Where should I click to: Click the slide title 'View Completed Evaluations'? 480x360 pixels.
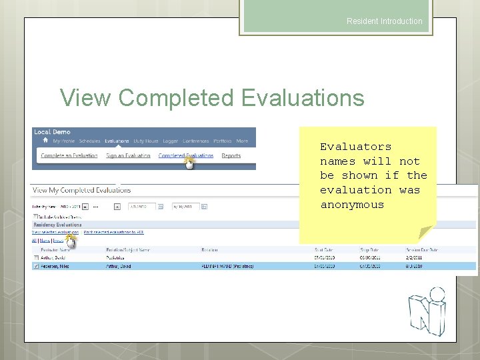tap(212, 98)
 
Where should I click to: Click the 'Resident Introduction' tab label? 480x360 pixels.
tap(384, 21)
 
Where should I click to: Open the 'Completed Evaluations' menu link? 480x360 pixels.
tap(185, 155)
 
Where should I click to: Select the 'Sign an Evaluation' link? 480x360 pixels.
tap(128, 155)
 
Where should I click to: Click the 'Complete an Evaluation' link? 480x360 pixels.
tap(69, 155)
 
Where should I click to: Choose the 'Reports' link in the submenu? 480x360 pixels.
tap(231, 155)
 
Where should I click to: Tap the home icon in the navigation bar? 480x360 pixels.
tap(45, 141)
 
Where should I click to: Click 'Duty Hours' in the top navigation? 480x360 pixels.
tap(145, 141)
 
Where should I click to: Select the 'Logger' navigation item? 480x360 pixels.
tap(170, 141)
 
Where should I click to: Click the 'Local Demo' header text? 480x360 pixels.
tap(51, 132)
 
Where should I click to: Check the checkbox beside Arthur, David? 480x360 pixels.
tap(36, 257)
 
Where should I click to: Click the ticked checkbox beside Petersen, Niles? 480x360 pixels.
tap(36, 266)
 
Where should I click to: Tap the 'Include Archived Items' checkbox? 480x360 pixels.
tap(35, 217)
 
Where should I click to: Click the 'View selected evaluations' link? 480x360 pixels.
tap(55, 232)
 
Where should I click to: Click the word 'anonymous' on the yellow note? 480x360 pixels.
tap(352, 205)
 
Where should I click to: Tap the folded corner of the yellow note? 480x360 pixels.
tap(425, 233)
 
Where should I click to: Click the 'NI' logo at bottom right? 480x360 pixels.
tap(427, 311)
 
